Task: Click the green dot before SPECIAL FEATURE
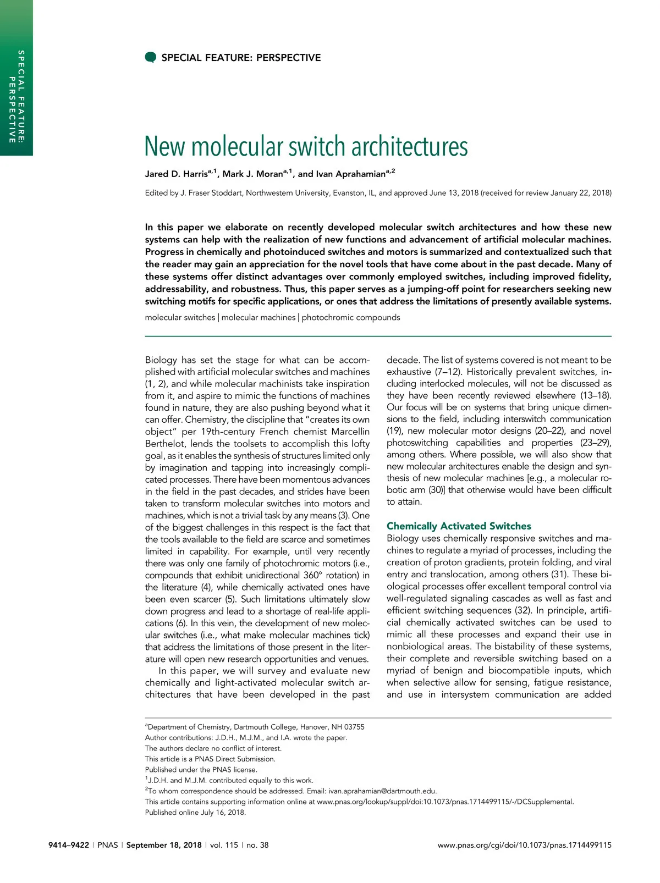click(150, 58)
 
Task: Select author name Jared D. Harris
click(175, 174)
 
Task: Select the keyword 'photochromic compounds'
click(351, 317)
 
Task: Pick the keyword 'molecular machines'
click(258, 317)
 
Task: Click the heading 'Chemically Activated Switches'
click(459, 526)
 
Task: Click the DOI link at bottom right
click(524, 845)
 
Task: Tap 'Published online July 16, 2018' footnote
click(195, 813)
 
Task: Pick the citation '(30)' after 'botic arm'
click(435, 490)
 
